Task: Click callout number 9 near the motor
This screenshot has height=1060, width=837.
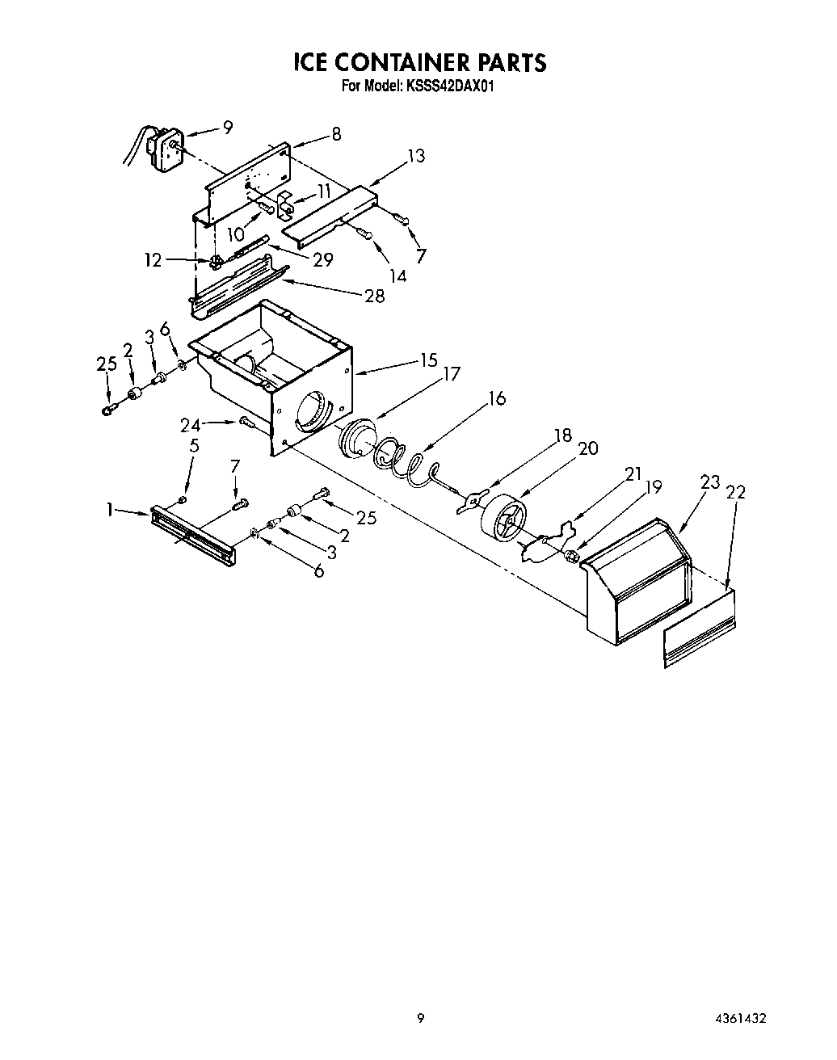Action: (228, 127)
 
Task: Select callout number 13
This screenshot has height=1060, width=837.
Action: (416, 156)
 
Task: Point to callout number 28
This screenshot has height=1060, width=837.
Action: (374, 296)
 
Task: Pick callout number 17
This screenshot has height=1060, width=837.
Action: (451, 374)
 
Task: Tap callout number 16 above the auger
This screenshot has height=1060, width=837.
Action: (497, 398)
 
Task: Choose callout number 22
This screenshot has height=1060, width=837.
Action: (736, 491)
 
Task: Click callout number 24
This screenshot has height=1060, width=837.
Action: (189, 423)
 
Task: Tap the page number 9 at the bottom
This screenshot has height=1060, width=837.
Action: (420, 1019)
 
